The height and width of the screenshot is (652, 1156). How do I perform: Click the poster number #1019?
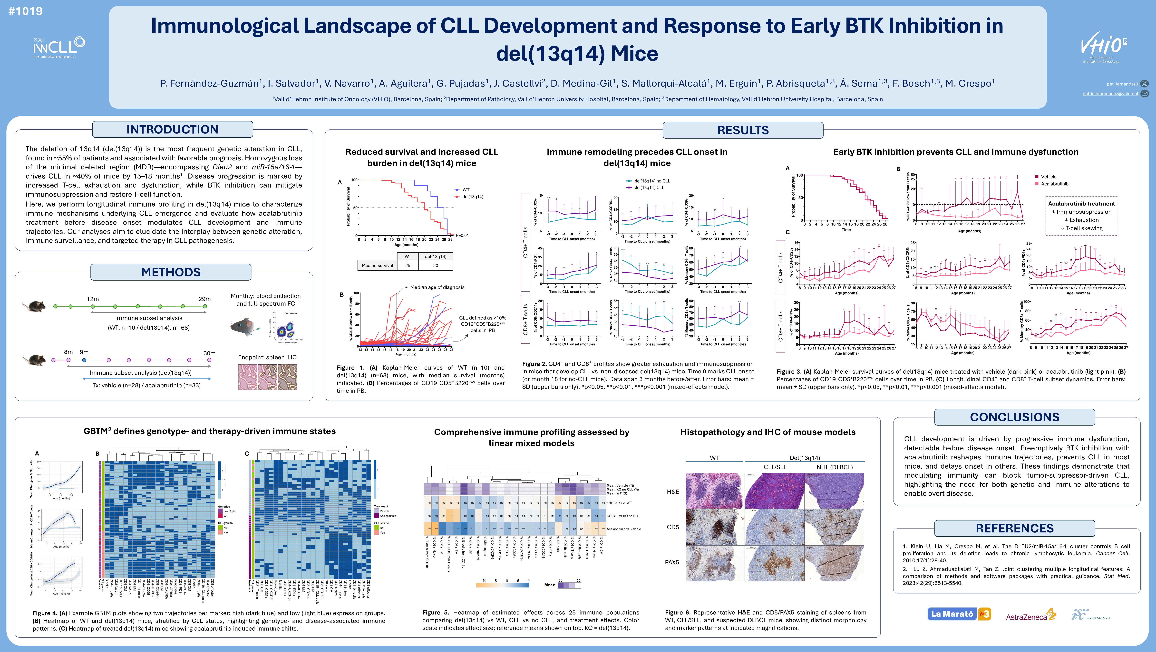(x=26, y=11)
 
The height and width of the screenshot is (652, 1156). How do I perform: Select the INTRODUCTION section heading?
(x=172, y=130)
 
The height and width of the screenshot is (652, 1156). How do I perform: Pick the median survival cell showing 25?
(x=408, y=265)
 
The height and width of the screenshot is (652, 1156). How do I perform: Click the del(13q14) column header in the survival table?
(x=435, y=256)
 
